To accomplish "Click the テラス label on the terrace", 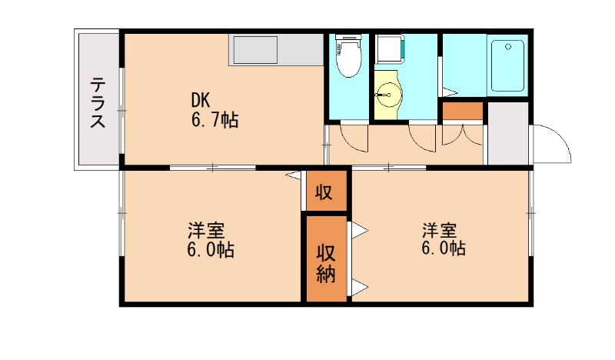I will coord(98,103).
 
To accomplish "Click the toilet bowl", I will coord(349,60).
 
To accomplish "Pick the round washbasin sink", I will coord(389,96).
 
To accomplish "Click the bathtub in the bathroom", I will coord(507,65).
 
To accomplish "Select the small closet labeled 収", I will coord(325,192).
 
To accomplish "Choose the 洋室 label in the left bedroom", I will coord(206,230).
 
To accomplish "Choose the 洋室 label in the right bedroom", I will coord(438,229).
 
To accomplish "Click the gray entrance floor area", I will coord(507,132).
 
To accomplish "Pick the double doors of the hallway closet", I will coord(463,137).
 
